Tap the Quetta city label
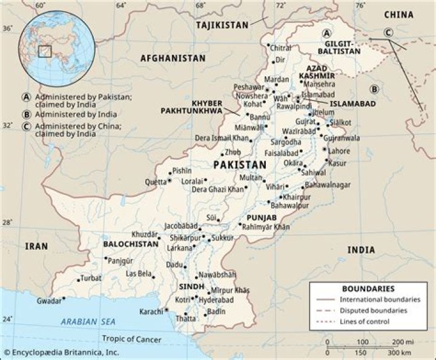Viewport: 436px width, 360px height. coord(154,182)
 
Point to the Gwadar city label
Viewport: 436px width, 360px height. coord(49,301)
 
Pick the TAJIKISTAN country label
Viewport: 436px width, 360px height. coord(222,25)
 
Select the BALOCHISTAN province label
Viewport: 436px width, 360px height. coord(131,244)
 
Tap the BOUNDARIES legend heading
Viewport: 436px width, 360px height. coord(368,289)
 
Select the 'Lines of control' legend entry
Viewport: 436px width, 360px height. coord(364,321)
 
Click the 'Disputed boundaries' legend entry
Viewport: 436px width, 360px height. coord(372,310)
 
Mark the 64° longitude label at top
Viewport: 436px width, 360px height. coord(121,5)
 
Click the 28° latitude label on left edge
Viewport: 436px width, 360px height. coord(7,223)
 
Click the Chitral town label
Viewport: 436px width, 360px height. coord(280,48)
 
